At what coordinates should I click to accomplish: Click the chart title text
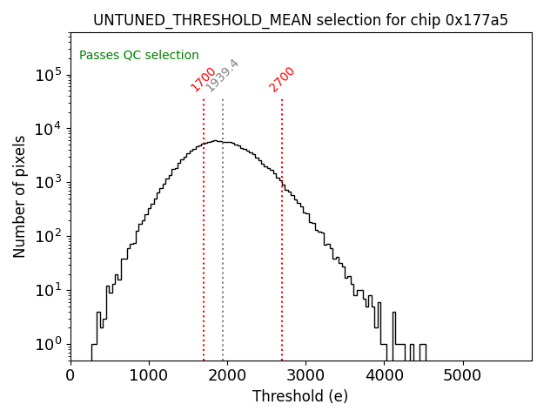[300, 20]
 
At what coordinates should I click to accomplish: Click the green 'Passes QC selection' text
[139, 56]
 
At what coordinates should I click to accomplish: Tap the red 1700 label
[204, 79]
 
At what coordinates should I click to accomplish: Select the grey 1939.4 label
[222, 76]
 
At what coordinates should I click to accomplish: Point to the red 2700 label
[282, 79]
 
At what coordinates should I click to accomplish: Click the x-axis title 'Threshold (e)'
[300, 396]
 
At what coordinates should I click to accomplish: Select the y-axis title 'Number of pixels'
[20, 196]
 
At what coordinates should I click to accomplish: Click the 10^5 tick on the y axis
[49, 75]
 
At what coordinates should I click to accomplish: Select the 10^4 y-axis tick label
[49, 129]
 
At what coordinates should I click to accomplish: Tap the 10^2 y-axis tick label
[49, 236]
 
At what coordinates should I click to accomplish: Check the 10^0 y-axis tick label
[49, 344]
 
